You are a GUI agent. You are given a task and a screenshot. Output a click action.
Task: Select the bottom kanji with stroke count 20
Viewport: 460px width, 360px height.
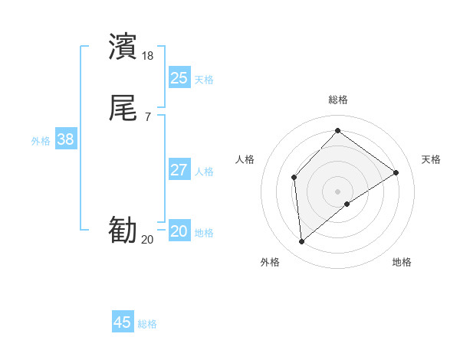click(123, 231)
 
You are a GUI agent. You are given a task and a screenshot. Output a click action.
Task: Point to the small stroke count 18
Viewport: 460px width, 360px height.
click(148, 56)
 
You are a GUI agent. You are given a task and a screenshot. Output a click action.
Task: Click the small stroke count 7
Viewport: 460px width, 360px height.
click(148, 117)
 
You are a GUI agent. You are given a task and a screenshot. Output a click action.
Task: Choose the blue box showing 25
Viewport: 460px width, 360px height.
click(179, 77)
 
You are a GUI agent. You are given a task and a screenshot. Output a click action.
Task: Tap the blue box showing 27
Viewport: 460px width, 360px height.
click(179, 170)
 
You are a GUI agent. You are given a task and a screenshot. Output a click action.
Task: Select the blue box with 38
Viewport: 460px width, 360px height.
click(65, 139)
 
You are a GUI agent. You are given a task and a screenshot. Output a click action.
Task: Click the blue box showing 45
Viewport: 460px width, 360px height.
click(123, 322)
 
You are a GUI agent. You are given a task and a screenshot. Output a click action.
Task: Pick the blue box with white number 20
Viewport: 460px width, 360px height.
click(179, 231)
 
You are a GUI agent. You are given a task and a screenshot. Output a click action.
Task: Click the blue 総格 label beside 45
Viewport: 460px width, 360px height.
click(147, 324)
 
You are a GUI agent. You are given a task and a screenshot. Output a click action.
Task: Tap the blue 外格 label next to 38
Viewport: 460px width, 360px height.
click(41, 140)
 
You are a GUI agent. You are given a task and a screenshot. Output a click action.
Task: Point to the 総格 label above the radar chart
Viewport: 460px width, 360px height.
click(338, 100)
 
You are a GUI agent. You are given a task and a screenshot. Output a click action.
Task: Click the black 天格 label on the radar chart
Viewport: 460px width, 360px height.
click(431, 159)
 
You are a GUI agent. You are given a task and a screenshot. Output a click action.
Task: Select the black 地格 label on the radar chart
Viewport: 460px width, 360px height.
click(402, 262)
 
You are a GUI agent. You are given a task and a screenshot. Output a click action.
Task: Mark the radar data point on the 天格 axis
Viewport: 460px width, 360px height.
click(396, 172)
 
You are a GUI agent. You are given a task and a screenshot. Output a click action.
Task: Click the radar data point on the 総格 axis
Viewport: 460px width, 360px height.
click(337, 131)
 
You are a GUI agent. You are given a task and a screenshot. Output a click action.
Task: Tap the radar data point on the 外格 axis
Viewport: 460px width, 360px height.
click(301, 242)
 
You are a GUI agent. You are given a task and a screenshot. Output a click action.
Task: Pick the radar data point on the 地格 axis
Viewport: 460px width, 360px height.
click(347, 204)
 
